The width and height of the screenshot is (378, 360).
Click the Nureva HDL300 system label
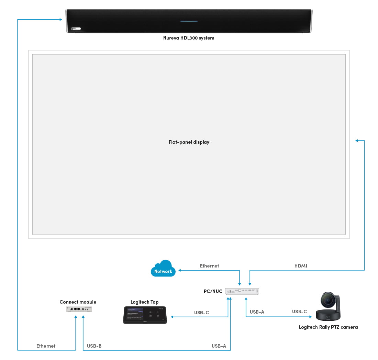pyautogui.click(x=189, y=38)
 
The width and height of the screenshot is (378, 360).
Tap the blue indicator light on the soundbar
pyautogui.click(x=189, y=21)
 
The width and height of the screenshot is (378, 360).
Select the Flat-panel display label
pyautogui.click(x=189, y=142)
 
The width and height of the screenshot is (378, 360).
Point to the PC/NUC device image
pyautogui.click(x=242, y=291)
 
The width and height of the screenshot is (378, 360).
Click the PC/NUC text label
pyautogui.click(x=213, y=291)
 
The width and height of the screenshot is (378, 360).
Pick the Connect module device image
pyautogui.click(x=79, y=309)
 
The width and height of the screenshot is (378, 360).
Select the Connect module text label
pyautogui.click(x=78, y=302)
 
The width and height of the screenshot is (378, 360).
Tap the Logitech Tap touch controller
pyautogui.click(x=145, y=315)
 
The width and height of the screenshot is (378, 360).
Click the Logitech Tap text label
pyautogui.click(x=145, y=302)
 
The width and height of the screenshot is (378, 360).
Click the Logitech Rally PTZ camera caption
pyautogui.click(x=328, y=327)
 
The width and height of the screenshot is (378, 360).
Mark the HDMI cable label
pyautogui.click(x=301, y=266)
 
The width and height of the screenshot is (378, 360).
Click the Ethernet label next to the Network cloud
pyautogui.click(x=209, y=266)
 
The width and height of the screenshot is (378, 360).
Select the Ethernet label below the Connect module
pyautogui.click(x=46, y=346)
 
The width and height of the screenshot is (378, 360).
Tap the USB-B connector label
pyautogui.click(x=94, y=346)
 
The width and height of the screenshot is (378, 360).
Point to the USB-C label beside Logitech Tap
pyautogui.click(x=201, y=313)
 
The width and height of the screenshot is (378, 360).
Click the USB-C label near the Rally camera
pyautogui.click(x=300, y=312)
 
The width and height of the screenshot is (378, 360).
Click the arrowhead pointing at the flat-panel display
pyautogui.click(x=357, y=140)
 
